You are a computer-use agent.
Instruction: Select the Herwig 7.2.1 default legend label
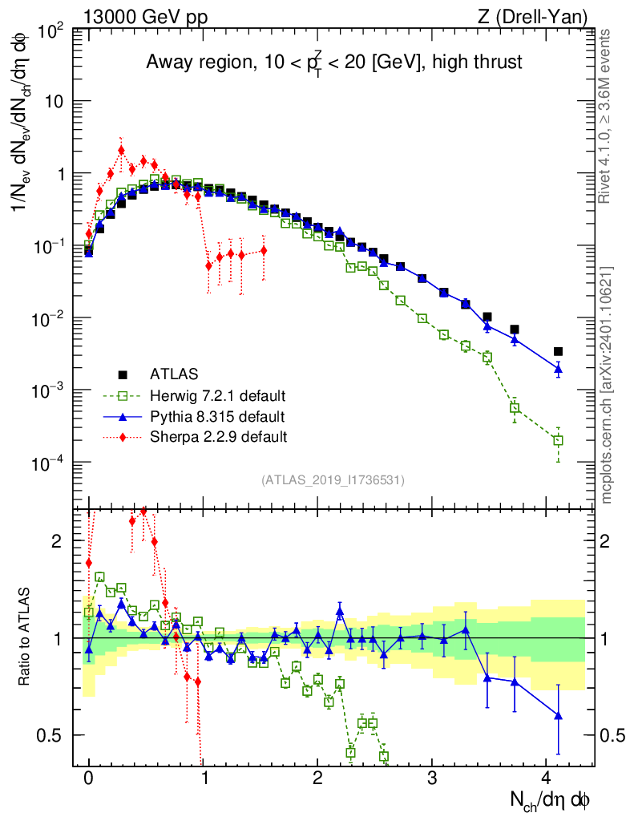218,395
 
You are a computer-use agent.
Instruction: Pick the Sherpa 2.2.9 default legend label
218,437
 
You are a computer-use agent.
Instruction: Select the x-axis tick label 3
432,778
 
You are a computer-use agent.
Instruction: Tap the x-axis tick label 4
547,778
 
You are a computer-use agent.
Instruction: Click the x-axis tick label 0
88,778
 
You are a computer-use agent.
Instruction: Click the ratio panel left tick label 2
57,541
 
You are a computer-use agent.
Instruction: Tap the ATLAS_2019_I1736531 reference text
333,479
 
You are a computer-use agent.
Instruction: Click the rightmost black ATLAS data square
558,351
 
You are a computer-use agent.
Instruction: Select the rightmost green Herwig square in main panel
558,440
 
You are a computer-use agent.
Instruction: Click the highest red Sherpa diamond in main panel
121,150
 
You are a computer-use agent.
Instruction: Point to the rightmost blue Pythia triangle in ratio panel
558,715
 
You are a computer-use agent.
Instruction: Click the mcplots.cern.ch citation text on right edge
607,385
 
